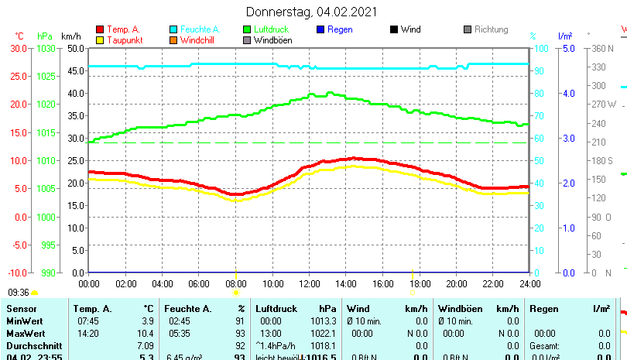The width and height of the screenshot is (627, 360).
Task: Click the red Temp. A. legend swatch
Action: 99,29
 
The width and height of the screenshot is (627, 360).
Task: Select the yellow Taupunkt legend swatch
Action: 99,40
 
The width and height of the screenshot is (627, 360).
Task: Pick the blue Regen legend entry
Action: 340,29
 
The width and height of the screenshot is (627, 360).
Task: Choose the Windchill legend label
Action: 198,40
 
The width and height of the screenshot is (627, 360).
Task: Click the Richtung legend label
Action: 491,29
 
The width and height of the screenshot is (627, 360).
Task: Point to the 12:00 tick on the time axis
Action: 309,283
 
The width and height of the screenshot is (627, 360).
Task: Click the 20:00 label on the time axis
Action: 456,283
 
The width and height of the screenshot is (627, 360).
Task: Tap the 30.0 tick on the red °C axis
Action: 18,48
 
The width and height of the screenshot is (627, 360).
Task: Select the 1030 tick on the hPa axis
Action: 46,48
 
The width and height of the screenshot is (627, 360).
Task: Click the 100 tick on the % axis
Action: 543,48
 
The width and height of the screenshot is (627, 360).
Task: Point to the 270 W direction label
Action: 605,105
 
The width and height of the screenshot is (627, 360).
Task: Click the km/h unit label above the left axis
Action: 70,36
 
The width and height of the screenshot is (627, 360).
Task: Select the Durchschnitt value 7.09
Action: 145,345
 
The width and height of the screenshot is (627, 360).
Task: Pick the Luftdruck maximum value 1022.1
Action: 324,333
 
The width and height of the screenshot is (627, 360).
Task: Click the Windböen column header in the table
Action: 460,309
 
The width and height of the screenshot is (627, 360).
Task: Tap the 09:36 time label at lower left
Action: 18,293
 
